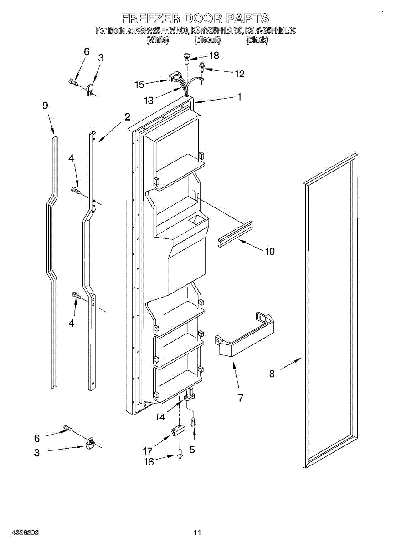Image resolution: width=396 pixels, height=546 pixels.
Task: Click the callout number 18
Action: tap(213, 56)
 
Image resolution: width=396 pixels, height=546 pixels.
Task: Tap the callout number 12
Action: tap(239, 74)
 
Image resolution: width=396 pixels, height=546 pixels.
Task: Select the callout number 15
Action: tap(139, 84)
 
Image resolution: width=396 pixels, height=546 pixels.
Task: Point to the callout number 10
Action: tap(270, 251)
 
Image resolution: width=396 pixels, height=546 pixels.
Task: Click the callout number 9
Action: tap(45, 106)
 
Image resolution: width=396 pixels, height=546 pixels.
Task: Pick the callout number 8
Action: tap(272, 374)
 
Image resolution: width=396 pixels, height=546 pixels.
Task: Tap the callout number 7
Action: tap(240, 398)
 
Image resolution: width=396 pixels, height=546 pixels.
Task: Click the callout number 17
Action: tap(147, 451)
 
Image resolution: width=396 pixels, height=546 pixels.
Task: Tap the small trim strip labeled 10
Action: tap(236, 234)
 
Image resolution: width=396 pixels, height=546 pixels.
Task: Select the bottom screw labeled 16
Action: tap(180, 454)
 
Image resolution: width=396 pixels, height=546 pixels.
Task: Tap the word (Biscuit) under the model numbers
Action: tap(207, 40)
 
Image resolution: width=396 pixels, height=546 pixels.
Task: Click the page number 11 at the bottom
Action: tap(197, 532)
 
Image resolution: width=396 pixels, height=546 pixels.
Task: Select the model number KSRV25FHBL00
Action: tap(271, 31)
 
